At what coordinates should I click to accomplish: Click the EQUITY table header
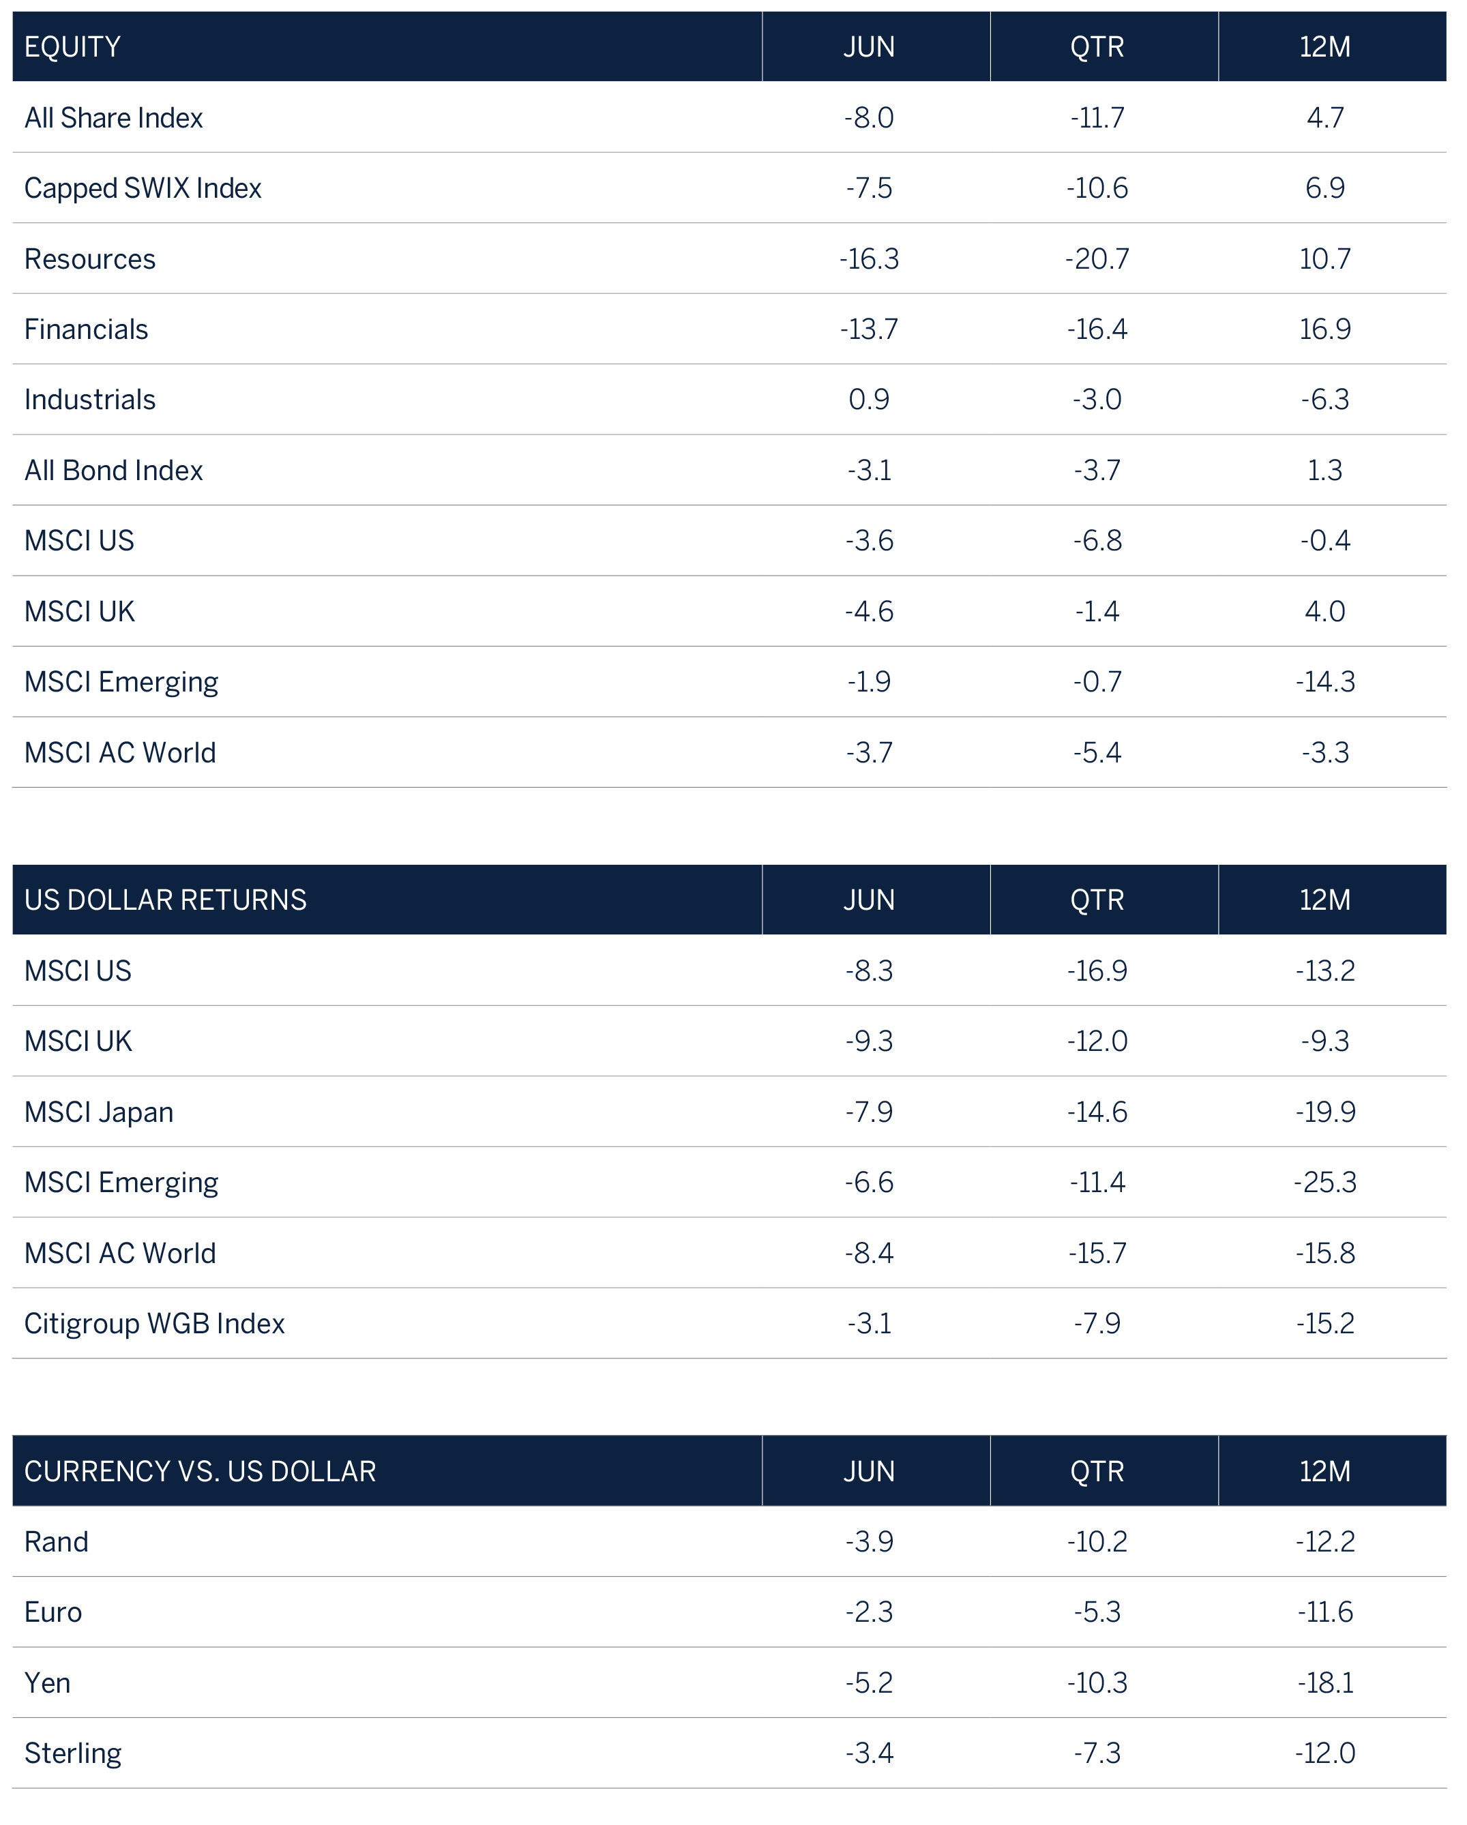click(73, 46)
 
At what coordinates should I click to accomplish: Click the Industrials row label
click(90, 400)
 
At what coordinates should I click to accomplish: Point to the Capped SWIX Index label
click(143, 188)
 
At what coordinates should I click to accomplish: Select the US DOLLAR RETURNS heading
click(165, 900)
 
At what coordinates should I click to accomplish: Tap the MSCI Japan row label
click(98, 1112)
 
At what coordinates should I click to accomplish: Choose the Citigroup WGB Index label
click(154, 1324)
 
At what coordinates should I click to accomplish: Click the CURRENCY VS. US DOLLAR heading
click(200, 1471)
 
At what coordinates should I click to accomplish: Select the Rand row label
click(56, 1542)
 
